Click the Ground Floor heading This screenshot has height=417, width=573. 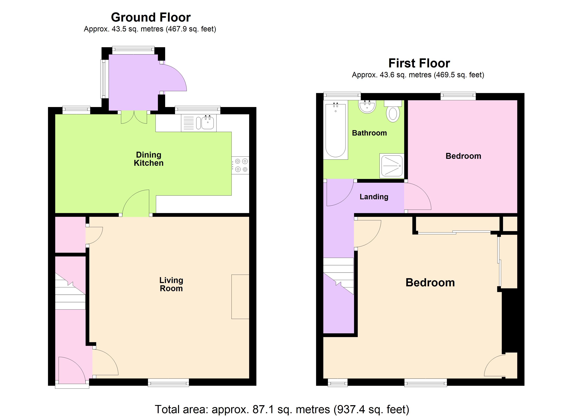pyautogui.click(x=151, y=17)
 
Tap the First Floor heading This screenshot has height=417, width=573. pyautogui.click(x=419, y=63)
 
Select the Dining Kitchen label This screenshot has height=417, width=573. pyautogui.click(x=149, y=159)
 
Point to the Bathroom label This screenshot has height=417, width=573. pyautogui.click(x=369, y=133)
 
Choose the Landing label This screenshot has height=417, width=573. pyautogui.click(x=374, y=197)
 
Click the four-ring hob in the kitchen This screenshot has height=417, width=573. pyautogui.click(x=240, y=165)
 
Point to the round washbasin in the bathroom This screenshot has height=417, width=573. pyautogui.click(x=367, y=107)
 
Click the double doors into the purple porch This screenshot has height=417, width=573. pyautogui.click(x=134, y=118)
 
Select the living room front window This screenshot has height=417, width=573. pyautogui.click(x=168, y=383)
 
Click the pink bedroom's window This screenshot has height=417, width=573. pyautogui.click(x=458, y=96)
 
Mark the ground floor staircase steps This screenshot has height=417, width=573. pyautogui.click(x=70, y=293)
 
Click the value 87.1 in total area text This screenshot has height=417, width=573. pyautogui.click(x=263, y=409)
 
